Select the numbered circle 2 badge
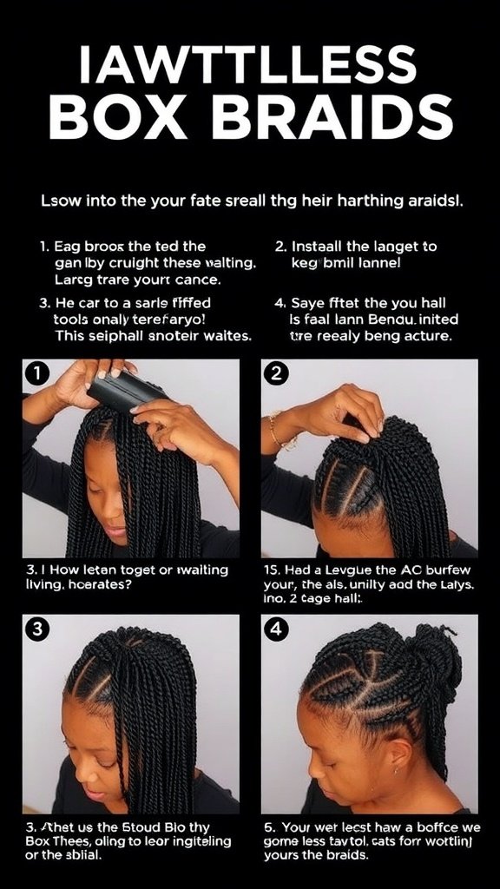click(x=276, y=374)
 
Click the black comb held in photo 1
click(x=127, y=392)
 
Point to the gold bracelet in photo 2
click(x=277, y=431)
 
